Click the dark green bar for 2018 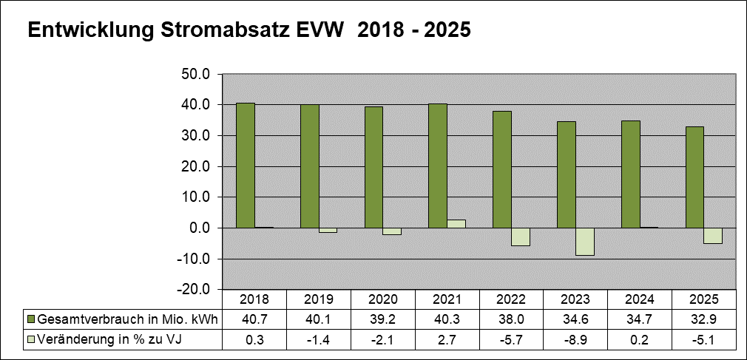coord(246,166)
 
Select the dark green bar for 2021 coord(438,166)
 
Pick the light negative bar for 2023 coord(585,242)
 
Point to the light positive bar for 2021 coord(456,224)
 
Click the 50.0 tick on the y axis coord(196,75)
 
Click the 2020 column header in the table coord(383,299)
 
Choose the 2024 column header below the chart coord(640,299)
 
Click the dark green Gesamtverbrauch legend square coord(31,319)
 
